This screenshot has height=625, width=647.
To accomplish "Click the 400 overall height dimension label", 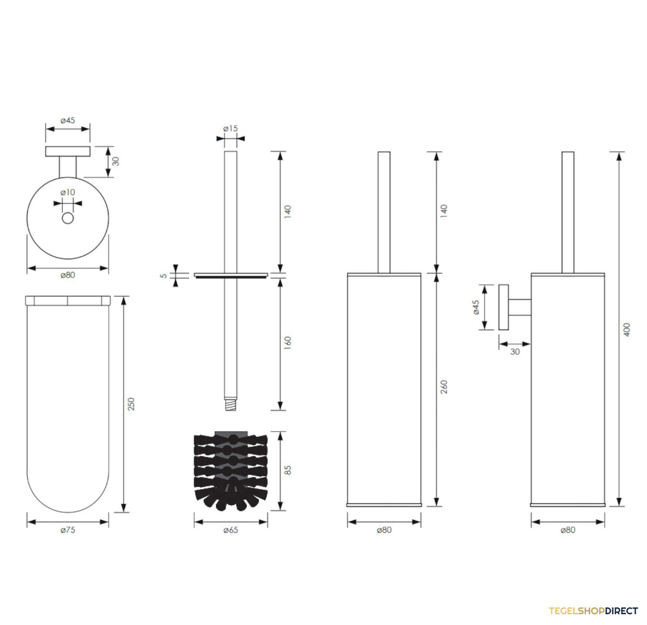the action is tap(627, 329).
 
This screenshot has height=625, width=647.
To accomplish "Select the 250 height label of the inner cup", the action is tap(132, 404).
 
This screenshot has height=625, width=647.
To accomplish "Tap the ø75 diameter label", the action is tap(68, 530).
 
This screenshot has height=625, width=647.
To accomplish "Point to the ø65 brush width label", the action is tap(231, 530).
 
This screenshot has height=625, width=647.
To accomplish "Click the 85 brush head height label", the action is tap(287, 470).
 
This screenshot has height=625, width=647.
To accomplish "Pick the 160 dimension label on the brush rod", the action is tap(287, 343).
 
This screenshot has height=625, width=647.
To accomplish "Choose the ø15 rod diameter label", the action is tap(230, 128).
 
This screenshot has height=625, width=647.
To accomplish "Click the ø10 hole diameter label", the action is tap(68, 192).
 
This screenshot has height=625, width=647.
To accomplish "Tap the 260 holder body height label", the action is tap(444, 387).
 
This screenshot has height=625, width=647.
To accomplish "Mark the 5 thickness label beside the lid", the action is tap(163, 276).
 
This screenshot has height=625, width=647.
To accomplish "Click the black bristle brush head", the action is tap(231, 471).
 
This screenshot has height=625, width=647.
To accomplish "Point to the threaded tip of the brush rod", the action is tap(230, 404).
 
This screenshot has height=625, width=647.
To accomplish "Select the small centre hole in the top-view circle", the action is tap(68, 218).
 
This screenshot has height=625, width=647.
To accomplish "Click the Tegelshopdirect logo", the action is tap(593, 611).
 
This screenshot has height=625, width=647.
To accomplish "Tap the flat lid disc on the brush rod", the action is tap(231, 275).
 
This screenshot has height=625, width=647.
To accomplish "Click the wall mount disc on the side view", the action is tap(504, 307).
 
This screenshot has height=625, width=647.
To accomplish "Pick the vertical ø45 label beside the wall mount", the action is tap(476, 307).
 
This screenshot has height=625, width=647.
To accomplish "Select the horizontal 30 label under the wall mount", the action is tap(515, 351).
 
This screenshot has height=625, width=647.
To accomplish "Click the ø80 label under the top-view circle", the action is tap(68, 275).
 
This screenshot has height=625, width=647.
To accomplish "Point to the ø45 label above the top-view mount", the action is tap(68, 120).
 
